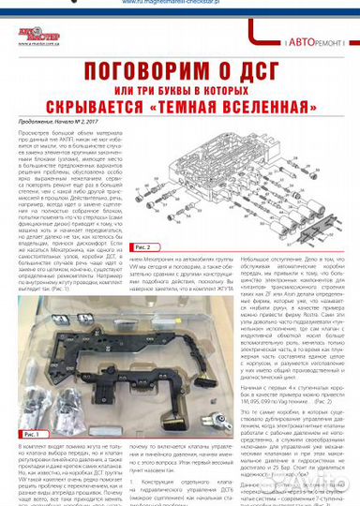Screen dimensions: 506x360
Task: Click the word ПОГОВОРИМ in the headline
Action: click(131, 71)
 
